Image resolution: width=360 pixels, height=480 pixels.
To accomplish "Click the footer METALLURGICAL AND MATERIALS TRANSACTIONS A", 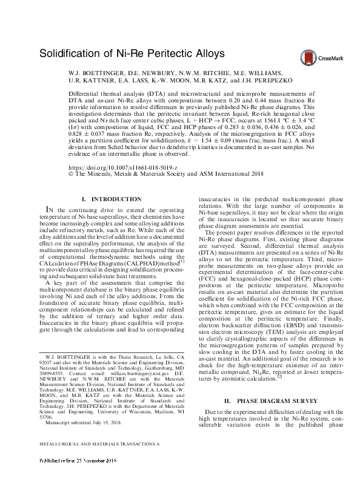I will point(99,461).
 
